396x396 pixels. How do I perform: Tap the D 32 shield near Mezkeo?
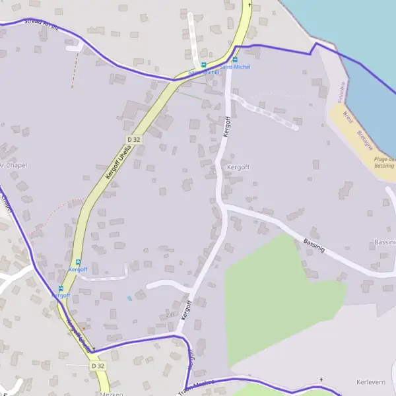click(x=98, y=365)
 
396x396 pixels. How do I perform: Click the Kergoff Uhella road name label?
click(x=119, y=164)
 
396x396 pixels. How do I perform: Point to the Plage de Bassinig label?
click(x=384, y=162)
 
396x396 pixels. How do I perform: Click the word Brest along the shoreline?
click(x=348, y=117)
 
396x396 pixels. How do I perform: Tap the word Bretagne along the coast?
click(x=364, y=140)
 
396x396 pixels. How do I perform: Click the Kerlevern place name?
click(x=370, y=382)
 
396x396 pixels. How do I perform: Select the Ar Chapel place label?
click(x=13, y=165)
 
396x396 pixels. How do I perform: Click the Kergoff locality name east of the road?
click(x=238, y=168)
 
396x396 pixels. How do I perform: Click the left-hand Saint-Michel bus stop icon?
click(x=203, y=65)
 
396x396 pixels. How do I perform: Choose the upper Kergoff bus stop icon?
click(x=78, y=261)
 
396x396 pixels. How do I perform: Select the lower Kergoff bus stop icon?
click(x=61, y=288)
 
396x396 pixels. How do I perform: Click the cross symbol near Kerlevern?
click(x=321, y=379)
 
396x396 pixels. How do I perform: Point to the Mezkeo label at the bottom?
click(x=109, y=393)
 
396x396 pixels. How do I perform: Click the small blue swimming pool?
click(x=129, y=298)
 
